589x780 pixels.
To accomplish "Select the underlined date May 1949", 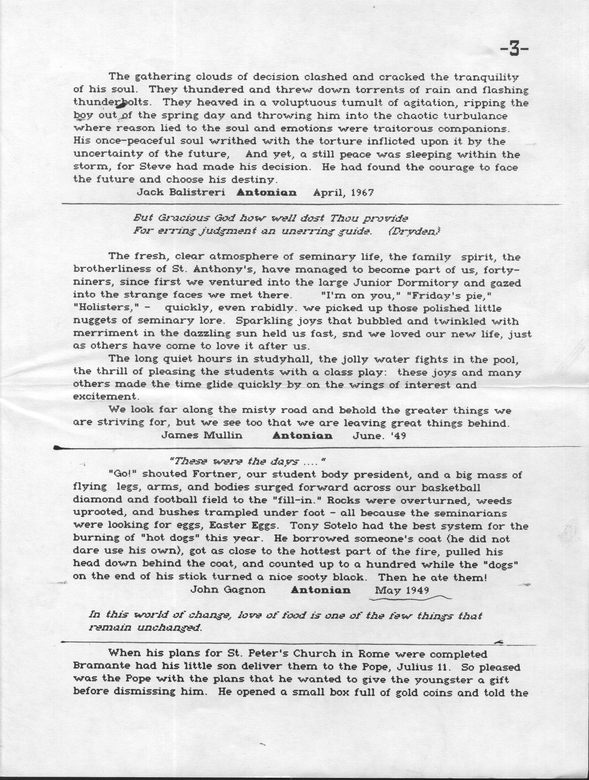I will point(402,590).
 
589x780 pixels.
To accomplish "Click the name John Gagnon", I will point(228,590).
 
